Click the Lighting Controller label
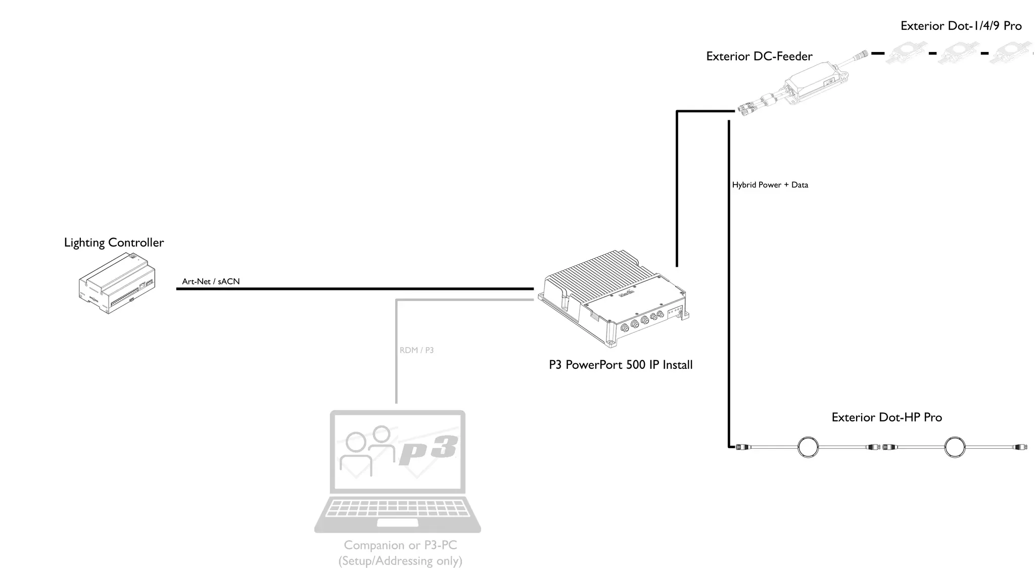click(x=114, y=243)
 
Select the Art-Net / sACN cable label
click(x=211, y=281)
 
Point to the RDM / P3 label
click(x=416, y=350)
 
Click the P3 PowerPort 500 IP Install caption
click(x=621, y=365)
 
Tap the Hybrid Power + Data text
click(x=770, y=185)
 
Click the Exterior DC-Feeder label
click(x=759, y=56)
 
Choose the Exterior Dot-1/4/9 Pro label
click(x=961, y=26)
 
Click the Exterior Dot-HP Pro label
click(x=886, y=417)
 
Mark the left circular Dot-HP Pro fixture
click(x=808, y=447)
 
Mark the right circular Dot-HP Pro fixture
click(x=955, y=447)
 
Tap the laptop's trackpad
click(x=397, y=522)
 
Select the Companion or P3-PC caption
click(x=400, y=545)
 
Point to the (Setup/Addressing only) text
click(x=400, y=561)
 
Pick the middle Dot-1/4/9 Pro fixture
click(x=959, y=53)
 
